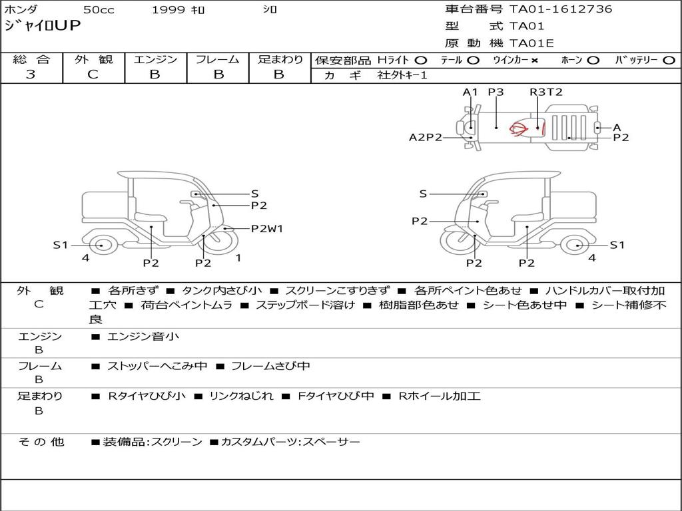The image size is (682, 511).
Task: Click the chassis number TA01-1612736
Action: coord(561,9)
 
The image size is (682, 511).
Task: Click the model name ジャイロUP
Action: coord(42,26)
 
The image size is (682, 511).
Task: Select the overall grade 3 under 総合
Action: coord(31,75)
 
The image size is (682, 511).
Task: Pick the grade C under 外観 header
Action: coord(93,75)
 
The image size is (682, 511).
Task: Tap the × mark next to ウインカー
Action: coord(535,61)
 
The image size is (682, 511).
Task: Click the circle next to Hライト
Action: coord(421,61)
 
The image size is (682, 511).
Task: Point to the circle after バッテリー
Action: coord(669,61)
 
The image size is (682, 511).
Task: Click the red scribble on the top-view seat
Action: coord(519,128)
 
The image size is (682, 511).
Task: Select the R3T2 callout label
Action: coord(546,92)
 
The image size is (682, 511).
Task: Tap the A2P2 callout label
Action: coord(426,137)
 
